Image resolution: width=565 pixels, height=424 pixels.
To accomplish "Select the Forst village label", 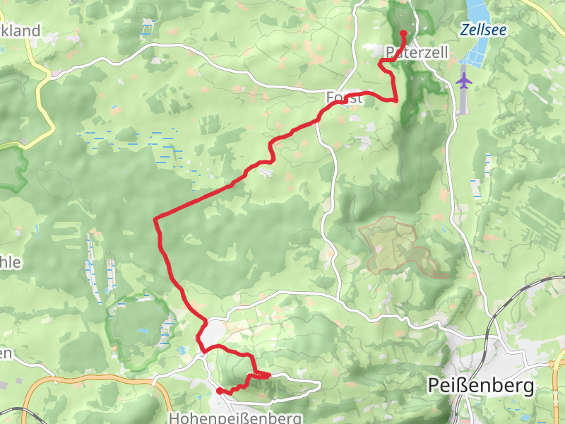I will pos(345,98).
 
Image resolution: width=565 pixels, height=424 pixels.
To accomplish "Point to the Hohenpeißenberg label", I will pos(236,418).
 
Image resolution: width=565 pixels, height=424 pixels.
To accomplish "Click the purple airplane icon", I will pos(464,80).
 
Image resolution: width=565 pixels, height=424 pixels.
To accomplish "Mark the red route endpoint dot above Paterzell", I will pos(403,33).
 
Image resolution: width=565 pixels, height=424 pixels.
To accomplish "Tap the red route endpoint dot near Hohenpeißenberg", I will pos(220,391).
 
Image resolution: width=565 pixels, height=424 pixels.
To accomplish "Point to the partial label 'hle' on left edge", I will pos(11,262).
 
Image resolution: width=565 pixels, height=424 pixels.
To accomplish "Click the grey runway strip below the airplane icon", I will pos(464,102).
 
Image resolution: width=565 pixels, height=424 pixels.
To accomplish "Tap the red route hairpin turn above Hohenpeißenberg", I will pos(268,375).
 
